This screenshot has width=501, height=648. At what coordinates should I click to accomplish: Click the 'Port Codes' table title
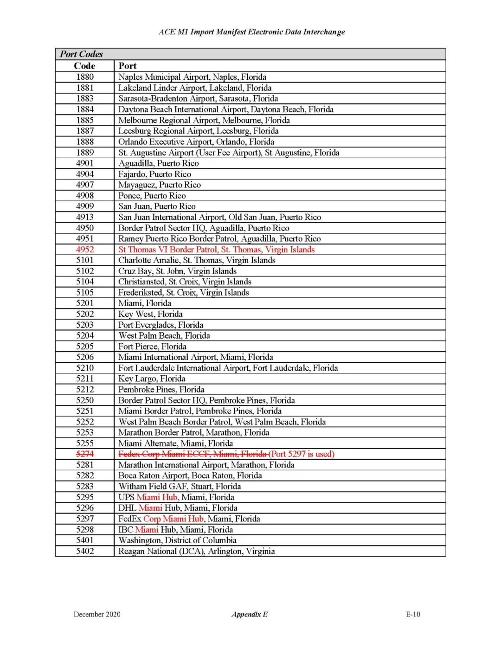81,54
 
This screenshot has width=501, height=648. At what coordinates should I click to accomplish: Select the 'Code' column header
84,66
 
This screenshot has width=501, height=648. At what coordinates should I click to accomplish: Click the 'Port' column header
128,66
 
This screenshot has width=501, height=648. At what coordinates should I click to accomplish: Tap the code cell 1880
85,77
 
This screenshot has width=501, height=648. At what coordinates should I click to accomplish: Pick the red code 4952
85,250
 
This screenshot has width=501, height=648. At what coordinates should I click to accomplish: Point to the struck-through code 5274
85,454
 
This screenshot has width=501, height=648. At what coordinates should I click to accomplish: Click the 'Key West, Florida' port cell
150,314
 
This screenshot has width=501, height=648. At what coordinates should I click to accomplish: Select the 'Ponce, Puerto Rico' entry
152,196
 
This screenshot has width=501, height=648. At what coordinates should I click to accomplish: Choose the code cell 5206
85,357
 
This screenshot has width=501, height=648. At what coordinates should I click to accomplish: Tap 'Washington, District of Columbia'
177,540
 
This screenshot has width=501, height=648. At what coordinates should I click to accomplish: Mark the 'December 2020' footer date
97,614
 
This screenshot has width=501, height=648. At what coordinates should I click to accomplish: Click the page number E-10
413,614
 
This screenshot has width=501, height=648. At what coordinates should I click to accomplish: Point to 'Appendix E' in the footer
250,614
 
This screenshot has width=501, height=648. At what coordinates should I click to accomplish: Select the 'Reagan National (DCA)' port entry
196,551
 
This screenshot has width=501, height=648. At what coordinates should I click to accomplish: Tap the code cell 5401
85,540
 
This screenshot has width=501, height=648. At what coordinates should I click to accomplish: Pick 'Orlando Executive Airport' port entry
196,142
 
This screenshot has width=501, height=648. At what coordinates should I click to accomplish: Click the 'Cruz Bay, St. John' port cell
177,271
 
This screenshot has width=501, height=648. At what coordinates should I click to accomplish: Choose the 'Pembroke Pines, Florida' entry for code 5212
161,390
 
